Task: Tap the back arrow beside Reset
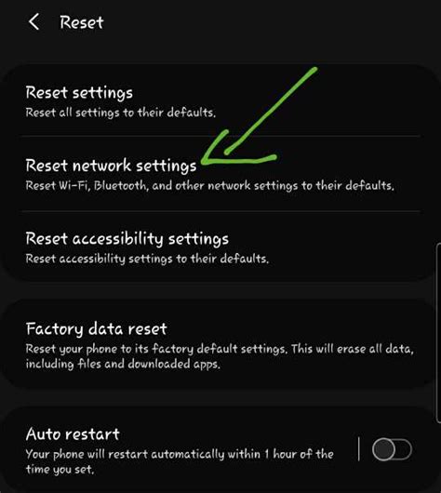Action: click(34, 21)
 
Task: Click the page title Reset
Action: click(82, 21)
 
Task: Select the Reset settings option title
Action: click(79, 93)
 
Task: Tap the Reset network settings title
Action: click(111, 166)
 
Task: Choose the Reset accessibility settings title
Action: click(127, 239)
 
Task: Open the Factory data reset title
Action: click(96, 328)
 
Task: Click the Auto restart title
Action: click(72, 434)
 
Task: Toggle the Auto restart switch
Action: click(391, 450)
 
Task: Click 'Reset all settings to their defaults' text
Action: click(121, 113)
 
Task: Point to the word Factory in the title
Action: click(51, 328)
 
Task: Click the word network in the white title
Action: click(101, 166)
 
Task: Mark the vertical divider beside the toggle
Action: click(358, 450)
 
